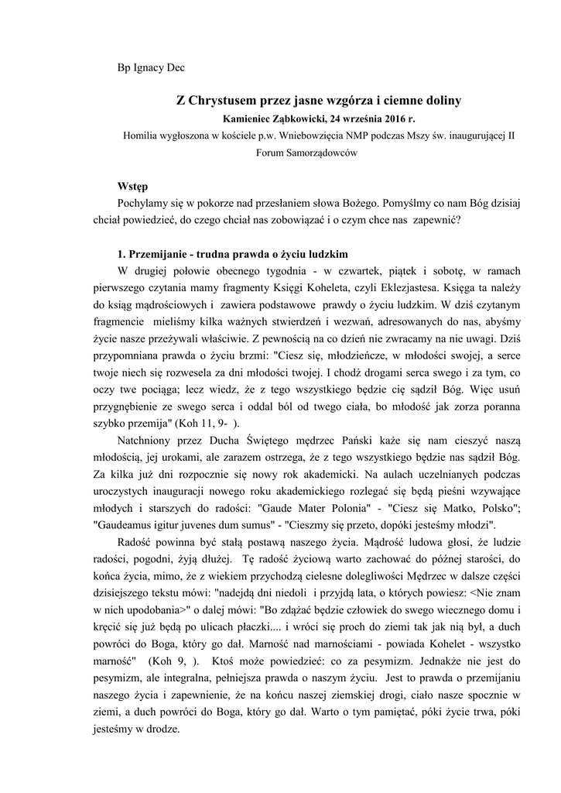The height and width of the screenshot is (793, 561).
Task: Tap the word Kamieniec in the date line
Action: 251,118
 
